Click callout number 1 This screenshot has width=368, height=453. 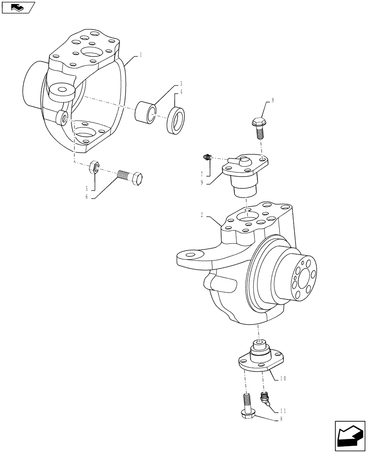(141, 55)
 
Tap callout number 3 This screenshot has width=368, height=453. (181, 84)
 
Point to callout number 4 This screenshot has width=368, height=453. (181, 92)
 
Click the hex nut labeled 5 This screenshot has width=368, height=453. (93, 167)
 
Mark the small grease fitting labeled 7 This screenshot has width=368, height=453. (207, 157)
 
